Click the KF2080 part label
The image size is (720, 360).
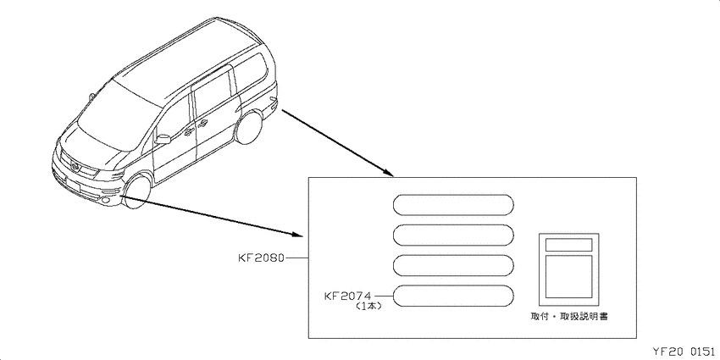point(262,258)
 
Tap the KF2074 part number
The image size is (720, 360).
point(347,296)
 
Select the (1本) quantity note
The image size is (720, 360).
point(368,307)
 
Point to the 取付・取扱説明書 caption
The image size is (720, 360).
point(569,317)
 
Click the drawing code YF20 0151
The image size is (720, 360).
point(684,352)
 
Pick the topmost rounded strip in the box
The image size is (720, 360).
point(453,205)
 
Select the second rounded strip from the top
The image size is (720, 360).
point(453,235)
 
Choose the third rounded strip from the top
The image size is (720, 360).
point(453,265)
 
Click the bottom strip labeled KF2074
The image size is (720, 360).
point(453,296)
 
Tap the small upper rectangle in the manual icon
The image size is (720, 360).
point(568,245)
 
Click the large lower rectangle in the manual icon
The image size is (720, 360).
point(568,276)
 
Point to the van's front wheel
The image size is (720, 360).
point(138,192)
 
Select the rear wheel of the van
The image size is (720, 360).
point(248,126)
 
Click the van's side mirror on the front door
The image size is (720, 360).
point(163,139)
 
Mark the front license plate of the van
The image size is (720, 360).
point(74,184)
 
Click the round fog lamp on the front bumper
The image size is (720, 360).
point(107,200)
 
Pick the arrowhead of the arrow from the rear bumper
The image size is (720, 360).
point(389,173)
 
